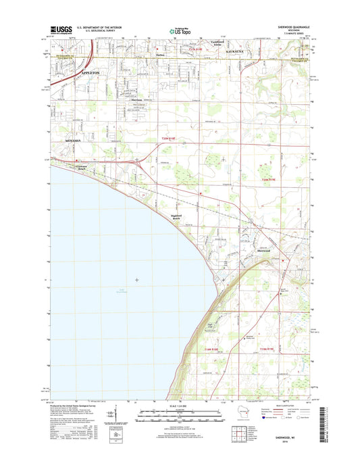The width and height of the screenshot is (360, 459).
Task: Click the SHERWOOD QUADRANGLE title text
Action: click(x=285, y=26)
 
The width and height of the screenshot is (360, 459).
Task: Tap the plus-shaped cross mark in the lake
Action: click(x=138, y=279)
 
